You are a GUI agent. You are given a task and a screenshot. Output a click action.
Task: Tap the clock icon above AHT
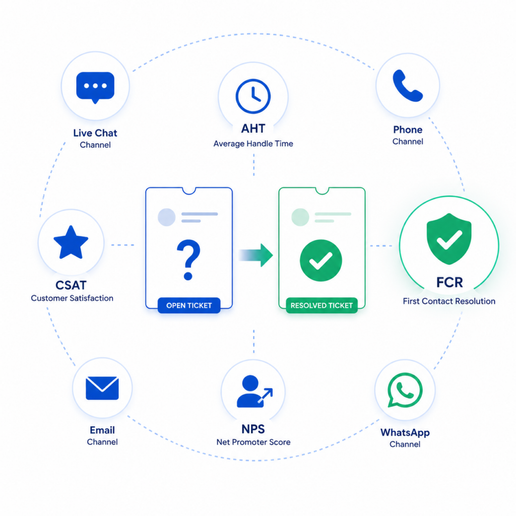253,96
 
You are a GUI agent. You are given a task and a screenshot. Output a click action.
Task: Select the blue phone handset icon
407,86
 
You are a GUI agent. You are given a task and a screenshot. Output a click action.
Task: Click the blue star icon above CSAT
71,242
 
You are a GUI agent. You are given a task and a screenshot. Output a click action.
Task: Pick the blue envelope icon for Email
102,388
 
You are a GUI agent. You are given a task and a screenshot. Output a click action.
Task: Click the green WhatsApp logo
405,390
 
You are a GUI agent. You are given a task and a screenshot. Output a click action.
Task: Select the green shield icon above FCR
449,238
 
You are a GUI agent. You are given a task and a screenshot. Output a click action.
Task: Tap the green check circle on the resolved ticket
321,261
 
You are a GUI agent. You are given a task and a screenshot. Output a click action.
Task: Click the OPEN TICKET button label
189,305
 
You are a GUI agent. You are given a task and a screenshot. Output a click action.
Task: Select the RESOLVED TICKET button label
321,305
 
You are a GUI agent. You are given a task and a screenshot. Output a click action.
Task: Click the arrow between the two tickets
255,255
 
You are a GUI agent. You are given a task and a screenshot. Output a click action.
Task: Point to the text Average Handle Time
253,144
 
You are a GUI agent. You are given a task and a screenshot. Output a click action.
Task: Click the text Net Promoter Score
253,442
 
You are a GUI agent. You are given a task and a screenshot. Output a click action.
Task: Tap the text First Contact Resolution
449,301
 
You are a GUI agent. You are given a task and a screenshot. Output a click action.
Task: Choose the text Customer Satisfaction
72,298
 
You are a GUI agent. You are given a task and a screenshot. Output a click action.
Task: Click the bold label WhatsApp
405,432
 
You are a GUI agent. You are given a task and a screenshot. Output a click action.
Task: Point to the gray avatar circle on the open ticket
166,217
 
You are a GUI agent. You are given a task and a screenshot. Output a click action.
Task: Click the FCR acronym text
449,282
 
